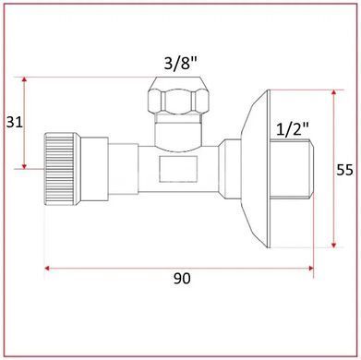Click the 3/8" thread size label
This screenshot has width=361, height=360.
180,64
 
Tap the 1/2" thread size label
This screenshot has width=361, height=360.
293,129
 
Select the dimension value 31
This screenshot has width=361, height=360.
15,123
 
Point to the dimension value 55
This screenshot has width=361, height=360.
344,170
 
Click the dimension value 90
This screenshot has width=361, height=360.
182,279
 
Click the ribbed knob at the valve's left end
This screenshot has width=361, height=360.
60,169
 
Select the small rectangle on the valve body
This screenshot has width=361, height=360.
178,169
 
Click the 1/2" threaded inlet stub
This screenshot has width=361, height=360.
292,169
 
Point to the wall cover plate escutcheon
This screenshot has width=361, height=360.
256,169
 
